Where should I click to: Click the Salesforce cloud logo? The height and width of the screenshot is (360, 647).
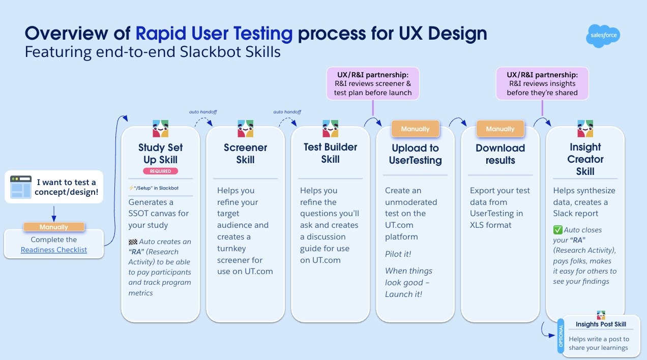tap(603, 36)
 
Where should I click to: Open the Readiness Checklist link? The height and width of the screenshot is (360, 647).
tap(54, 250)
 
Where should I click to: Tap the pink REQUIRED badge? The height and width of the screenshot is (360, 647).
tap(160, 171)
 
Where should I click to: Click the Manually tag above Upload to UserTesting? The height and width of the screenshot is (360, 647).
tap(415, 129)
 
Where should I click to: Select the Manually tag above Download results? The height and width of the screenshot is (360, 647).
tap(500, 129)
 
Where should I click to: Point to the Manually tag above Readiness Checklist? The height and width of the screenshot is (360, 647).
tap(54, 227)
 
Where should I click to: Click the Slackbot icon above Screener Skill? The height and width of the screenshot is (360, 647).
tap(245, 129)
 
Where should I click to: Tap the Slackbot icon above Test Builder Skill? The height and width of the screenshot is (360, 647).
tap(330, 129)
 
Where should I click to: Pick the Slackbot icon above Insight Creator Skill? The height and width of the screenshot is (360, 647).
tap(585, 129)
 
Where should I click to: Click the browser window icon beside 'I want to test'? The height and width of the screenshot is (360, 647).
tap(20, 187)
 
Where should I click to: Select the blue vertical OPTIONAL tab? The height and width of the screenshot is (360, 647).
tap(561, 336)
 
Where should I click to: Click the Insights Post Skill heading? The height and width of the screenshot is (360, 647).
tap(601, 324)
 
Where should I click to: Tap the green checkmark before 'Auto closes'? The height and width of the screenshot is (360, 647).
tap(558, 230)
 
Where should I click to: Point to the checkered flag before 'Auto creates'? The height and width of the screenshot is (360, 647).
tap(133, 242)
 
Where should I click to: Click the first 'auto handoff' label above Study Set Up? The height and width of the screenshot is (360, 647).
tap(203, 112)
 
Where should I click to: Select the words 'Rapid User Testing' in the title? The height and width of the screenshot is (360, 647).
tap(214, 33)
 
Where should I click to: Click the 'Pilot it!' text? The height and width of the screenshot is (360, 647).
tap(398, 254)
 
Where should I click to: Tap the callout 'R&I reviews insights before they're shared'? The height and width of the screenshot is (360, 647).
tap(542, 84)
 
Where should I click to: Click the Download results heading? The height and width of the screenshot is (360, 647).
tap(500, 154)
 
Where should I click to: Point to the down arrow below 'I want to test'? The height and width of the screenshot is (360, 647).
tap(54, 214)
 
